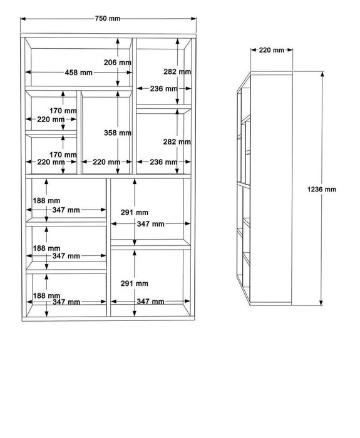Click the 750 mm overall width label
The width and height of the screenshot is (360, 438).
(x=108, y=18)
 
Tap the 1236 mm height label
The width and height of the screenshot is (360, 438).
(x=322, y=190)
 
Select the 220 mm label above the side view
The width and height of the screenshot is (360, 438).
(x=271, y=50)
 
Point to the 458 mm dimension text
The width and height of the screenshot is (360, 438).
(x=78, y=73)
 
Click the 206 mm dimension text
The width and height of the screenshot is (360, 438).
(x=118, y=63)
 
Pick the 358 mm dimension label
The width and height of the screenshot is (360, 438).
(x=118, y=133)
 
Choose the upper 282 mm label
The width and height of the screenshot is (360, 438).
(x=177, y=72)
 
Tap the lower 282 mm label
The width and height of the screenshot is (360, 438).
(x=177, y=142)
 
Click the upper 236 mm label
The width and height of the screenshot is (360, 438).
(x=164, y=89)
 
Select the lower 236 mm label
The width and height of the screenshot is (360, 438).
(x=163, y=162)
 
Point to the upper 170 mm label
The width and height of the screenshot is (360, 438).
(x=63, y=111)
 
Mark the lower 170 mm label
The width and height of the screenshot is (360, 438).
(x=63, y=155)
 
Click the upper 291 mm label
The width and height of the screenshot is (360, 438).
(x=135, y=213)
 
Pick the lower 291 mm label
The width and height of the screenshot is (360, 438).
(x=135, y=283)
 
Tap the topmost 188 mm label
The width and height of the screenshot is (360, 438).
(x=46, y=201)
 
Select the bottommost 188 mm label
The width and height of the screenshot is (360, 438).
(x=47, y=295)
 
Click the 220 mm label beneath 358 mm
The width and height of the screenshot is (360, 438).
(x=106, y=162)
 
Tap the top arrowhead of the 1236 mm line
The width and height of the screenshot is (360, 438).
(x=322, y=74)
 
